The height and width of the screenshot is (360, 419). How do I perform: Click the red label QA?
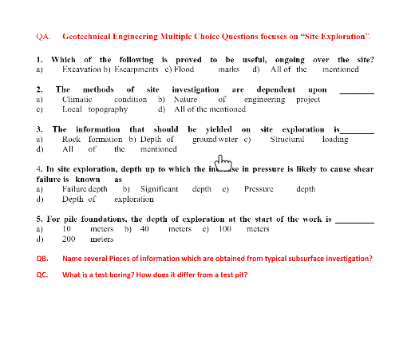[x=43, y=38]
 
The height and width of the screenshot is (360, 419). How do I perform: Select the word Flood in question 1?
[x=185, y=70]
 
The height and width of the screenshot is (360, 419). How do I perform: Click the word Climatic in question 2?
[x=77, y=100]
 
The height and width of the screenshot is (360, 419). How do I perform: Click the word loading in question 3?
[x=334, y=139]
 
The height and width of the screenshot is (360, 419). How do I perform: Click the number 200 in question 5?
[x=69, y=239]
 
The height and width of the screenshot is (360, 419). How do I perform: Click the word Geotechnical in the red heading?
[x=95, y=38]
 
